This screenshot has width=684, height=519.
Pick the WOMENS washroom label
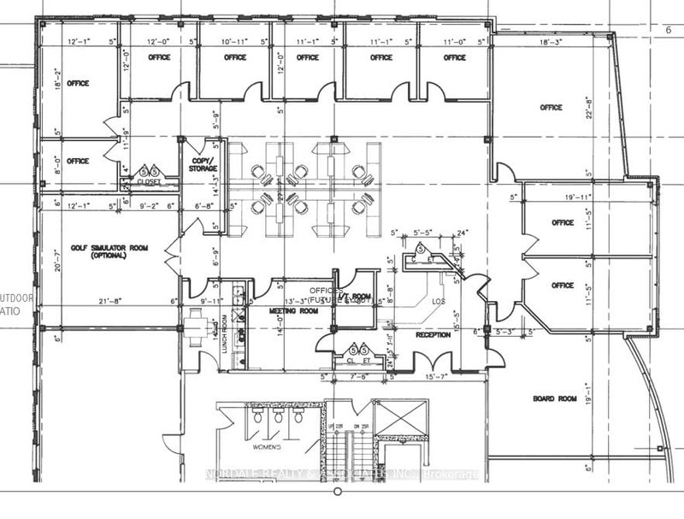pyautogui.click(x=257, y=445)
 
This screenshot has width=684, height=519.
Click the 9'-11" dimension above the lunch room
pyautogui.click(x=211, y=300)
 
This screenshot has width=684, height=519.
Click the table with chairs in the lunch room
pyautogui.click(x=198, y=324)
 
